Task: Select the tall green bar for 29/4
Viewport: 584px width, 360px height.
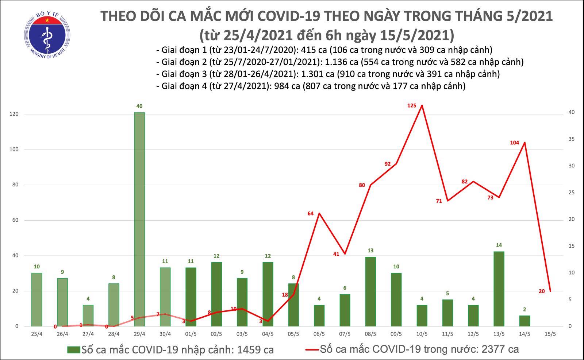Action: pyautogui.click(x=139, y=219)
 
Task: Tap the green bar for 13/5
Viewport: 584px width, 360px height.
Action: pyautogui.click(x=499, y=289)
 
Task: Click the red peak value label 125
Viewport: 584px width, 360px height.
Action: pyautogui.click(x=412, y=106)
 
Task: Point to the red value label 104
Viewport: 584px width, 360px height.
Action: pyautogui.click(x=514, y=143)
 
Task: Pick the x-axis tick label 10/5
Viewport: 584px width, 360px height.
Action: pyautogui.click(x=422, y=334)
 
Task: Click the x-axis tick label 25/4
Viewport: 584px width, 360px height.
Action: pyautogui.click(x=36, y=334)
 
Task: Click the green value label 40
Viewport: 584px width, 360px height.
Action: pyautogui.click(x=139, y=106)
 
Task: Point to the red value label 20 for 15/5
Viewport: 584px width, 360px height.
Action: pyautogui.click(x=542, y=291)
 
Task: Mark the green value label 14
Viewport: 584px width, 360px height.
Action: pyautogui.click(x=499, y=245)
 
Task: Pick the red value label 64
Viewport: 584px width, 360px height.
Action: pyautogui.click(x=311, y=213)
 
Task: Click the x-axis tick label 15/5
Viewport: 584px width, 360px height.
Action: pyautogui.click(x=550, y=334)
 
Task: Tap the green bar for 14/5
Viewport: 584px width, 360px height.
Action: pyautogui.click(x=524, y=321)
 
